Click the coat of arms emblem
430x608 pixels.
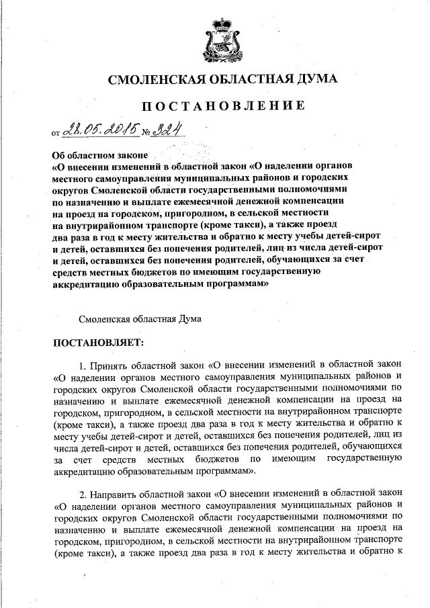[x=215, y=42]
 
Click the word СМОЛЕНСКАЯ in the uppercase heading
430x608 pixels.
[x=148, y=81]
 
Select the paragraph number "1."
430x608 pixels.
[x=83, y=366]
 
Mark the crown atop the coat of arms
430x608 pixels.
[x=215, y=25]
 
